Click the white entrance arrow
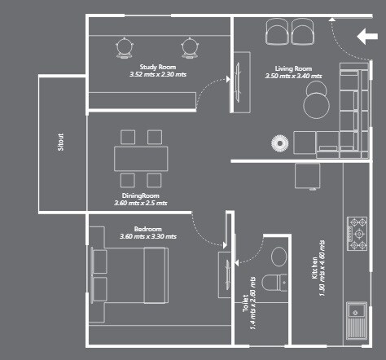pyautogui.click(x=368, y=36)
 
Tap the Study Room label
pyautogui.click(x=157, y=66)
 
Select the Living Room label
pyautogui.click(x=293, y=68)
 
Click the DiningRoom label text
pyautogui.click(x=140, y=195)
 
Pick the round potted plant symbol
pyautogui.click(x=279, y=143)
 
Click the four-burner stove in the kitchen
pyautogui.click(x=358, y=233)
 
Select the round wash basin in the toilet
pyautogui.click(x=279, y=256)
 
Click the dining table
pyautogui.click(x=141, y=158)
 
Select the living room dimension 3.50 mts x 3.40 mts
pyautogui.click(x=293, y=76)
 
